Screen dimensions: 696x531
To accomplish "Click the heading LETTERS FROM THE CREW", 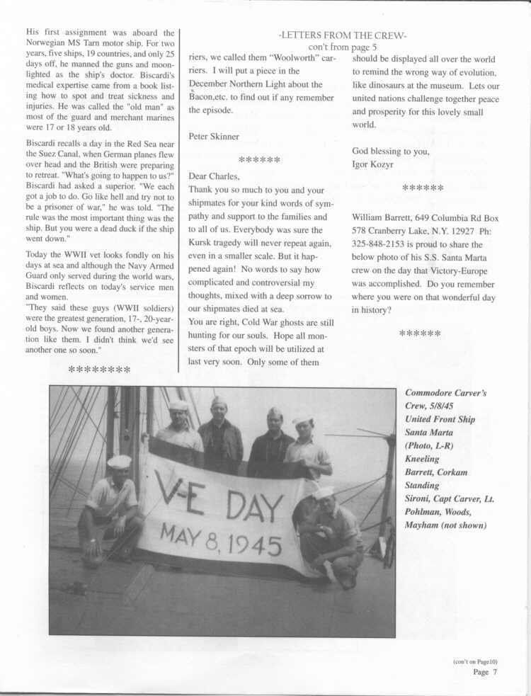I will pos(343,35).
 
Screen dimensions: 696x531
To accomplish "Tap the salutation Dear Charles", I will pos(215,176).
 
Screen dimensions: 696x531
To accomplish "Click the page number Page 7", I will pos(485,672).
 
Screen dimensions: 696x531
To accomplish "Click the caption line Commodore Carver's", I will pos(445,393).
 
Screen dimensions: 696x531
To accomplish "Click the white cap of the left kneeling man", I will pos(119,461).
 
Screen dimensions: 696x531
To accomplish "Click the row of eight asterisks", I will pos(99,370).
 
